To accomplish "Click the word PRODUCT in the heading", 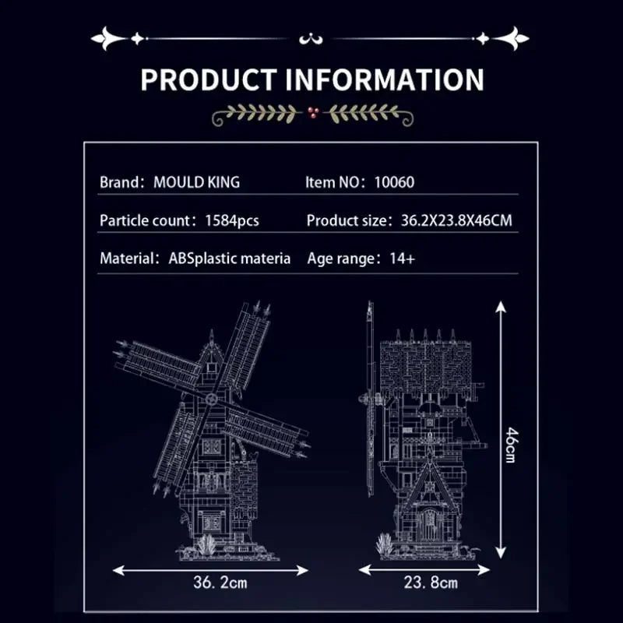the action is [x=209, y=80].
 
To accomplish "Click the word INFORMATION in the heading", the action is [x=385, y=80].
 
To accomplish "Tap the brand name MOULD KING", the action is [x=197, y=182].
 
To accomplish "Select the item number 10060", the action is [x=394, y=182].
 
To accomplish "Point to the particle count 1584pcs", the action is [x=232, y=220].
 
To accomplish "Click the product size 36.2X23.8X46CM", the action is [x=456, y=220].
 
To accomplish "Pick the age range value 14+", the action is [x=403, y=259].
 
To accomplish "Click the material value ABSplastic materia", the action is [x=229, y=259].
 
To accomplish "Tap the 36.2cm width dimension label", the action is [x=220, y=583].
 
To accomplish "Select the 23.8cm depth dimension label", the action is [x=431, y=583].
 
